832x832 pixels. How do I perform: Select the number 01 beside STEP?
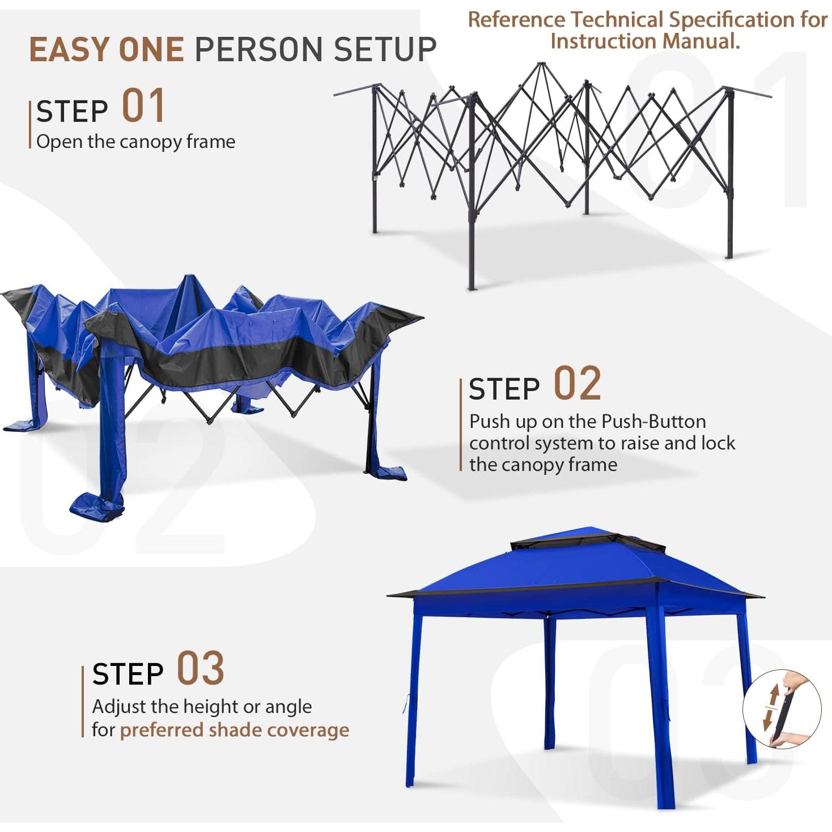(x=143, y=106)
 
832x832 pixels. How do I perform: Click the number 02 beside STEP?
(x=577, y=384)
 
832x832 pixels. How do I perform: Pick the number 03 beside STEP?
(x=200, y=669)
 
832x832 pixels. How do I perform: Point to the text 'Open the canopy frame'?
(x=135, y=142)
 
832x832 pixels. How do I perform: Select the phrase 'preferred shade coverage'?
(x=234, y=730)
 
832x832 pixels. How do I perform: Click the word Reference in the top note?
(x=516, y=20)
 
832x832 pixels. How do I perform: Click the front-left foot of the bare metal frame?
(x=471, y=286)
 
